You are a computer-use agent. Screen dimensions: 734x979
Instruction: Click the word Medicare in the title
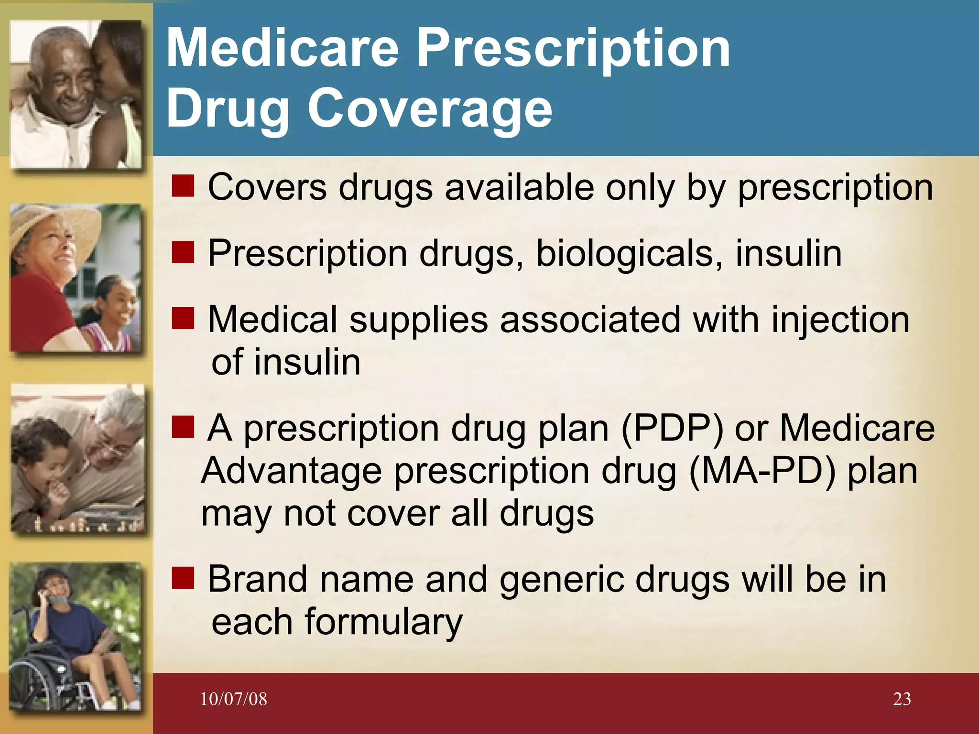click(282, 48)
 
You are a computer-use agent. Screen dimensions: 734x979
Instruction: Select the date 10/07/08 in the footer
click(233, 699)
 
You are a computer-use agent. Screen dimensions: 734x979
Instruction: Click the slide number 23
click(902, 699)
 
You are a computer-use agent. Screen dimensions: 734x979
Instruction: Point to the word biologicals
click(629, 253)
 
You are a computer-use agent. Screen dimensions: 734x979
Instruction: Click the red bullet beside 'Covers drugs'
click(183, 186)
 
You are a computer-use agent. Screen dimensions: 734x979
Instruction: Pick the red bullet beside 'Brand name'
click(183, 578)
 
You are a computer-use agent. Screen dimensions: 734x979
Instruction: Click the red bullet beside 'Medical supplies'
click(183, 318)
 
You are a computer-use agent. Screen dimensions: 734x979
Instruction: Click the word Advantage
click(291, 471)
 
